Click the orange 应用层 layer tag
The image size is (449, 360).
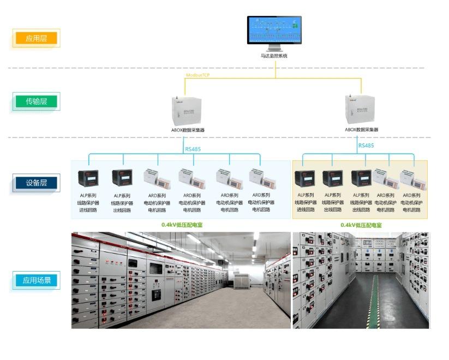(36, 39)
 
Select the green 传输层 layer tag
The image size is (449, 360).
(36, 101)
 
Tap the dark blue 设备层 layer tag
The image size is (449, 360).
(36, 183)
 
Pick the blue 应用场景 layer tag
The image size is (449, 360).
(36, 281)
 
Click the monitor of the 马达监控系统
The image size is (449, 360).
(275, 31)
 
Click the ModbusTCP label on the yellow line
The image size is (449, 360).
(198, 75)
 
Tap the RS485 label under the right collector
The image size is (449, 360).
(366, 146)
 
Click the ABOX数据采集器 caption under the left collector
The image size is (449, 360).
(188, 130)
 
